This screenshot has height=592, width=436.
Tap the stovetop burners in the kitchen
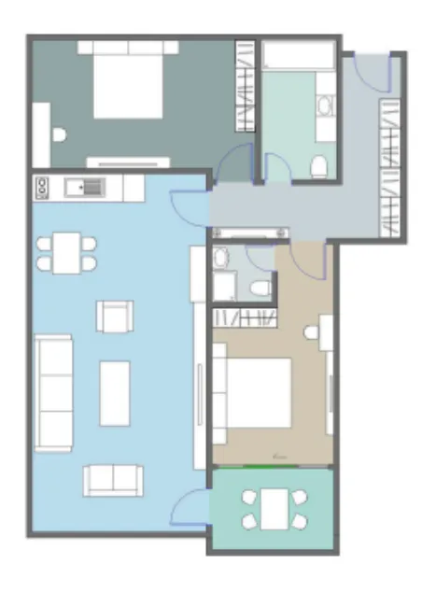(x=42, y=188)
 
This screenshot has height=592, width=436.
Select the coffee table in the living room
(x=115, y=392)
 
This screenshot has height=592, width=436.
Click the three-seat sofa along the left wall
(x=53, y=393)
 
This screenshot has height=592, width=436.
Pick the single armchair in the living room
(x=114, y=317)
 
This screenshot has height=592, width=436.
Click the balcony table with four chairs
(x=274, y=509)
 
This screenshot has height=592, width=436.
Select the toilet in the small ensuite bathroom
(x=262, y=286)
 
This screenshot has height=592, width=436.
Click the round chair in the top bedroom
(x=59, y=135)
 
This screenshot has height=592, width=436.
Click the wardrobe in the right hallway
(x=389, y=168)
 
